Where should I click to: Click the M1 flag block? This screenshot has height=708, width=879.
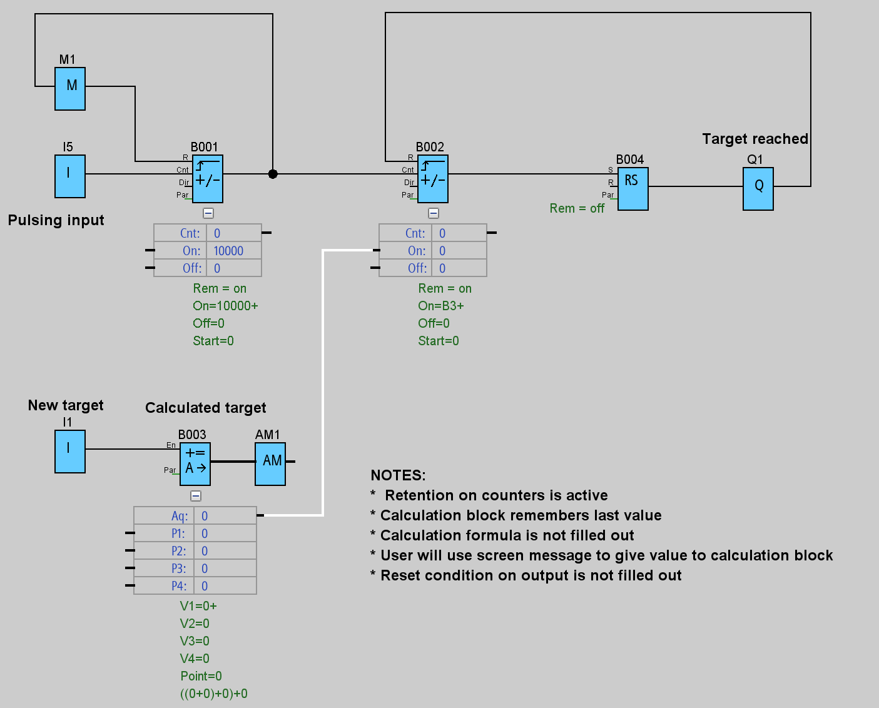tap(70, 89)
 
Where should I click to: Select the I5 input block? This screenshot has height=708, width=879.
tap(70, 176)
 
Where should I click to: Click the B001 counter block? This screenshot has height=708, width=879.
tap(208, 179)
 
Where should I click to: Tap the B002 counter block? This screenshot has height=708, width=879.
tap(433, 179)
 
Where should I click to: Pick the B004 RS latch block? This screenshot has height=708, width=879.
tap(633, 188)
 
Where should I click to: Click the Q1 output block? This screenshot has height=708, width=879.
tap(758, 188)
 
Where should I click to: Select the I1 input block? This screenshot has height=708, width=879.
tap(70, 452)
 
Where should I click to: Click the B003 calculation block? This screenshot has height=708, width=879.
tap(195, 464)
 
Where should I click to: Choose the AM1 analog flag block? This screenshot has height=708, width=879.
tap(270, 464)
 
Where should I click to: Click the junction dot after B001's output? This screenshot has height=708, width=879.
tap(273, 174)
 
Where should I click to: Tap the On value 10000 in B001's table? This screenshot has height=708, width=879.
tap(228, 251)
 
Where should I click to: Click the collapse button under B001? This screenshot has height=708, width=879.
tap(208, 213)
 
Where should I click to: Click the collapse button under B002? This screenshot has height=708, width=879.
tap(434, 213)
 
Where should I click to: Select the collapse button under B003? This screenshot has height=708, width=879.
tap(196, 496)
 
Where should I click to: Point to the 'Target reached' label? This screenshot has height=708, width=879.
tap(755, 139)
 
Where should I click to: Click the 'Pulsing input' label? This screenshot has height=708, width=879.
tap(56, 220)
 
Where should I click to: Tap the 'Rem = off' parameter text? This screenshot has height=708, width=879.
tap(577, 208)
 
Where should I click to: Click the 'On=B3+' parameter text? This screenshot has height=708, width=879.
tap(441, 306)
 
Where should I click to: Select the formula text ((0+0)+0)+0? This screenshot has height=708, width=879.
tap(214, 694)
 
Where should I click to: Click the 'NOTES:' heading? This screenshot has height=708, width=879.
tap(398, 475)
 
